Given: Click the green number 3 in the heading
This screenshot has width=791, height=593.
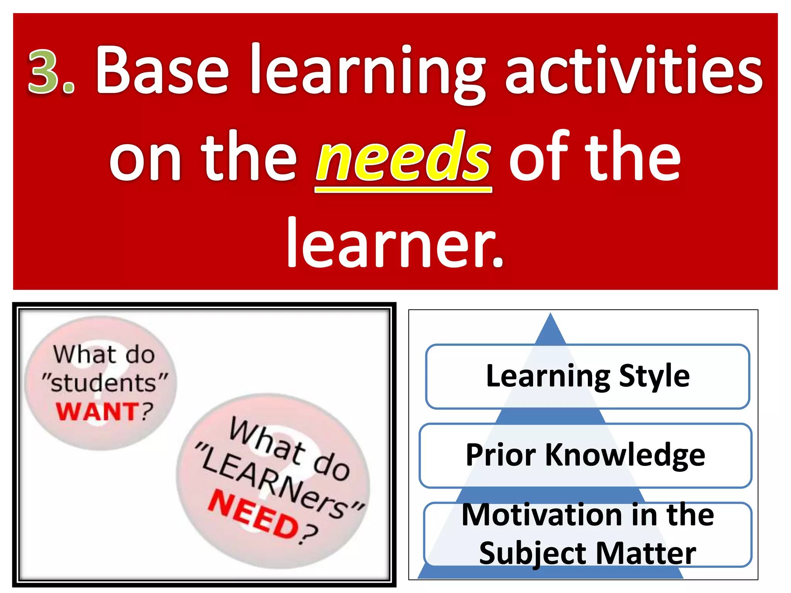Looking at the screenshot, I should (43, 71).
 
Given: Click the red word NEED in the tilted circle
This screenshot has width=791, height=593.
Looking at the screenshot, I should (253, 515).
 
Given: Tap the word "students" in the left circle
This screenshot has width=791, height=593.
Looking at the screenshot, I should (104, 383).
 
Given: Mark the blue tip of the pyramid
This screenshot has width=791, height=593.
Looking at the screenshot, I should (550, 328).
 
